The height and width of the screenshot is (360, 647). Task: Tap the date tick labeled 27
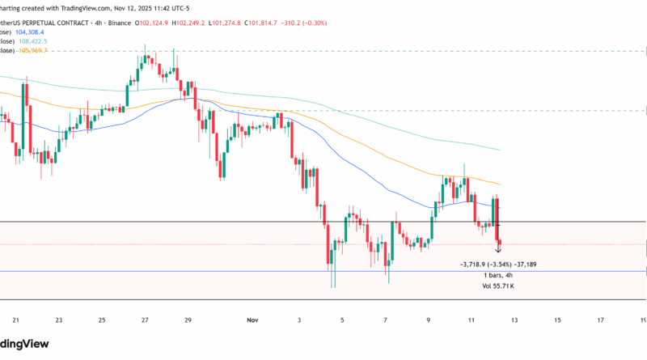(144, 320)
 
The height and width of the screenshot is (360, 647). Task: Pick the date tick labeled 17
(600, 320)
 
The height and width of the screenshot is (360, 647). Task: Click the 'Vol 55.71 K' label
(497, 286)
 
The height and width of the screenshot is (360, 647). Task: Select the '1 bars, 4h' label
(497, 275)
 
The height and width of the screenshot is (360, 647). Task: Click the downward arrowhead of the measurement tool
(497, 252)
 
